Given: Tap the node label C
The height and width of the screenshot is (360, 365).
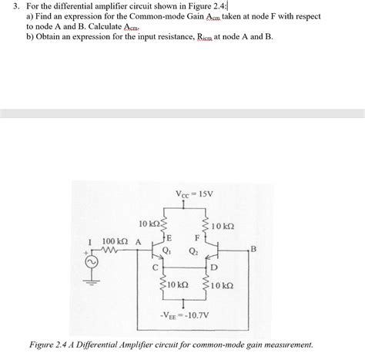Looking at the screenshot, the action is tap(155, 267).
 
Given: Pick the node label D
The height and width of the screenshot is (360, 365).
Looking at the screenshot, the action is tap(213, 267).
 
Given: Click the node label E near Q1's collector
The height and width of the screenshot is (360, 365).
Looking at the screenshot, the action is tap(169, 238).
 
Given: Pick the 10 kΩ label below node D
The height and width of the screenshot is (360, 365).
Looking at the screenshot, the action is tap(223, 285).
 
